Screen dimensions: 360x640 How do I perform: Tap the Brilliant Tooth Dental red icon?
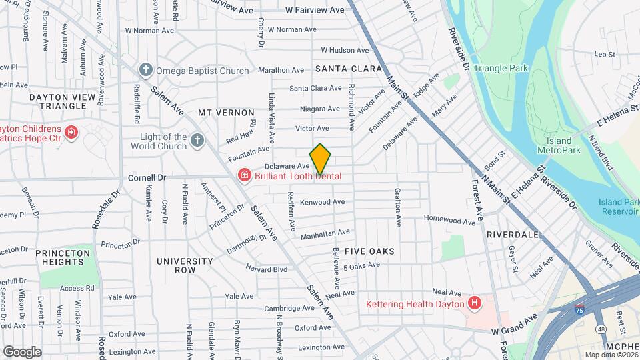[x=245, y=176]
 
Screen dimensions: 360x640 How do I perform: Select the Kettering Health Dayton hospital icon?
[x=475, y=304]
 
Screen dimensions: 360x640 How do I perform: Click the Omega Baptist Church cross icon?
[x=145, y=70]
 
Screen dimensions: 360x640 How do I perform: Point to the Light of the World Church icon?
[x=196, y=140]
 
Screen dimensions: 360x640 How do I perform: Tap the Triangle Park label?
[x=501, y=68]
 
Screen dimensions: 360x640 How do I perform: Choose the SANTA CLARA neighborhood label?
[x=348, y=69]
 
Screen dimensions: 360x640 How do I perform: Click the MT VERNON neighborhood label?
[x=226, y=113]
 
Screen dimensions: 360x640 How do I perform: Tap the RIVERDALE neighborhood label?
[x=512, y=235]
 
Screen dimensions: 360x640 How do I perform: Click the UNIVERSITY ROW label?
[x=185, y=265]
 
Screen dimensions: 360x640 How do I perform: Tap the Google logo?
[x=22, y=351]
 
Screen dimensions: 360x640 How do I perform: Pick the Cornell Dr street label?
[x=147, y=178]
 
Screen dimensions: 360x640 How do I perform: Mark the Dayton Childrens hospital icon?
[x=71, y=133]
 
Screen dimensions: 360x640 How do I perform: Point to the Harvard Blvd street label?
[x=265, y=269]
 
